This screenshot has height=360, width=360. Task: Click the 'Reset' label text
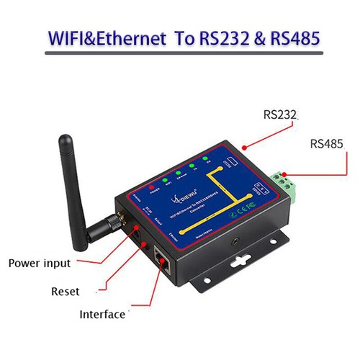pyautogui.click(x=65, y=292)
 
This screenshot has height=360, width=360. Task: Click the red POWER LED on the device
pyautogui.click(x=152, y=186)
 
